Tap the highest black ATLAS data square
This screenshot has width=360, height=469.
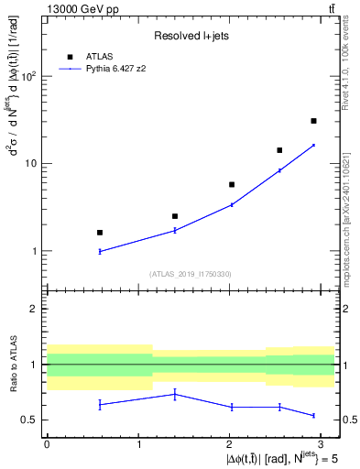point(313,121)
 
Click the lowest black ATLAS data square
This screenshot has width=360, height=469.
point(100,233)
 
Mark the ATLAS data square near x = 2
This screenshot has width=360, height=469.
point(232,184)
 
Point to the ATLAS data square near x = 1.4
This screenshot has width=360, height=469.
point(175,216)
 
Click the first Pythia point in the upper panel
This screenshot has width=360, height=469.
point(100,251)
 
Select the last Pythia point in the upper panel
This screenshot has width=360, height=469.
point(313,145)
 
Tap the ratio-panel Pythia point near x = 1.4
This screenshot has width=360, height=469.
point(175,394)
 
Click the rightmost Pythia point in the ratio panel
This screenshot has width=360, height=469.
point(313,416)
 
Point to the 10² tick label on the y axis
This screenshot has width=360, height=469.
point(30,77)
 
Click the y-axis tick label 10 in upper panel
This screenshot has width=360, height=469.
point(32,164)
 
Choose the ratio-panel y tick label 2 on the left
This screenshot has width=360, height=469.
point(37,310)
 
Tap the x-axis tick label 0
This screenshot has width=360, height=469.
point(47,443)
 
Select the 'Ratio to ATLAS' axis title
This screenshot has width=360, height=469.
point(12,365)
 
